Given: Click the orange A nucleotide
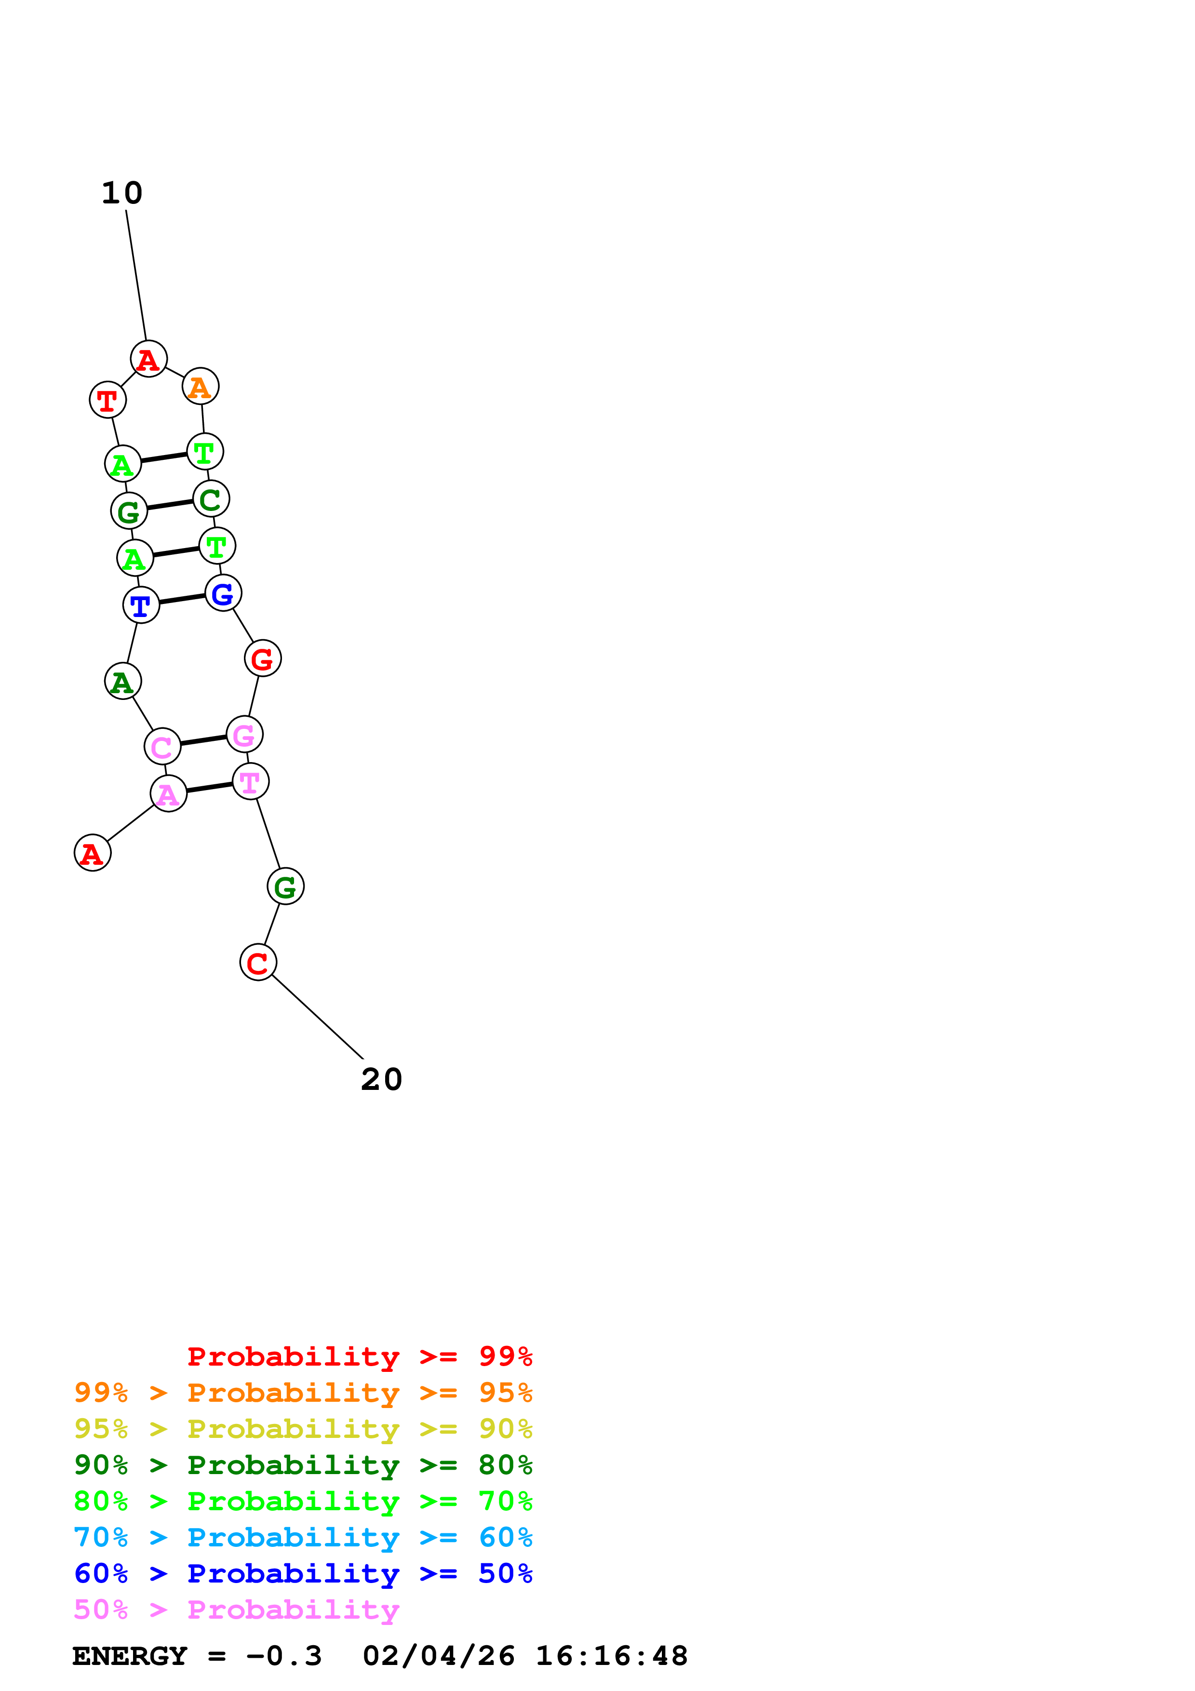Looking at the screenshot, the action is point(200,386).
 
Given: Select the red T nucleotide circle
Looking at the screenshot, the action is point(107,400).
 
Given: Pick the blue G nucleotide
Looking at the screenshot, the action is point(223,593).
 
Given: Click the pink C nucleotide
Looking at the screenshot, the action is point(162,746).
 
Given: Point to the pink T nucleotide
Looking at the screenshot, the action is point(250,781).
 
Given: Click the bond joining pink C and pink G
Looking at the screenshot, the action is point(203,740).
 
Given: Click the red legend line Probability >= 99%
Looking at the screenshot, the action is point(359,1356).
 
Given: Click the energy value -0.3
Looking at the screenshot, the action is point(284,1656).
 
